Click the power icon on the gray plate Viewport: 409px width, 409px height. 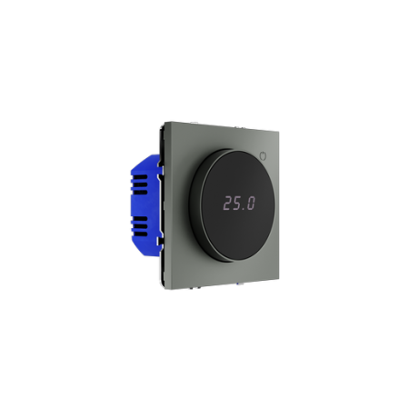[x=264, y=156]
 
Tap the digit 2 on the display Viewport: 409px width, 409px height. [x=228, y=204]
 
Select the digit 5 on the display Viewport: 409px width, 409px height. [x=237, y=204]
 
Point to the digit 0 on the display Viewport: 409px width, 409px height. [x=251, y=204]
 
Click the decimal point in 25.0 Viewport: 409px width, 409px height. [x=244, y=209]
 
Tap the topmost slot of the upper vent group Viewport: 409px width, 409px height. [x=141, y=177]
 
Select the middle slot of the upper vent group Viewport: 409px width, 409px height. [x=141, y=185]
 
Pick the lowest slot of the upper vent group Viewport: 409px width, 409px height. [x=141, y=192]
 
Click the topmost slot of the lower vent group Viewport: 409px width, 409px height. [x=141, y=219]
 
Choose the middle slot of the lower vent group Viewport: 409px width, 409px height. [x=141, y=226]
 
